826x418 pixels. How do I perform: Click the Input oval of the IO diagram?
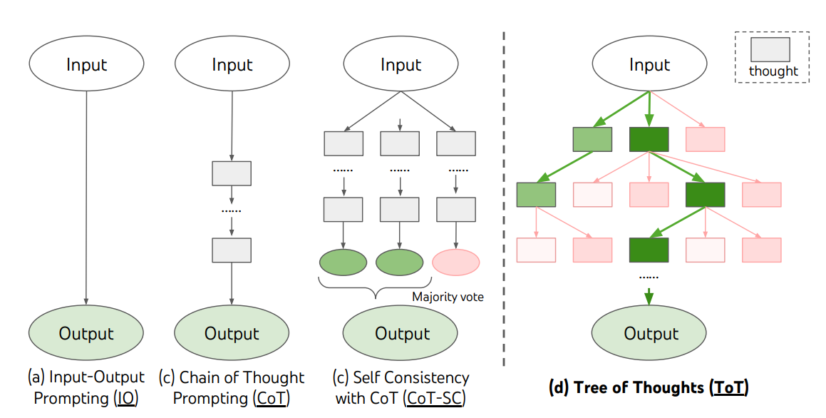click(86, 64)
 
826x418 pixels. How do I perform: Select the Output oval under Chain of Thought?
click(232, 333)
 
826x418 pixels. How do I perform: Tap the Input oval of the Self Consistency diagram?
click(401, 64)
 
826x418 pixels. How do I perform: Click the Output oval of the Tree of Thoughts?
click(650, 333)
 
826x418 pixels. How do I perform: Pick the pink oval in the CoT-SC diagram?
click(456, 262)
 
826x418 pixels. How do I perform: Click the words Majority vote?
click(448, 297)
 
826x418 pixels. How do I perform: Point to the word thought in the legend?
click(773, 71)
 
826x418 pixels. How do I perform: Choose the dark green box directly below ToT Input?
click(649, 139)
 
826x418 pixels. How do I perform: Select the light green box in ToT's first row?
click(592, 139)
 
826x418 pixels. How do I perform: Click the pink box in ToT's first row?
click(705, 139)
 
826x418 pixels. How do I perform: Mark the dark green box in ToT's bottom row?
click(649, 250)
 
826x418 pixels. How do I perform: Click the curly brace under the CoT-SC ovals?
click(373, 287)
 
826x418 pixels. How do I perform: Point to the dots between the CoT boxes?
click(232, 212)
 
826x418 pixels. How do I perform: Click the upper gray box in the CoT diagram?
click(232, 173)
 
